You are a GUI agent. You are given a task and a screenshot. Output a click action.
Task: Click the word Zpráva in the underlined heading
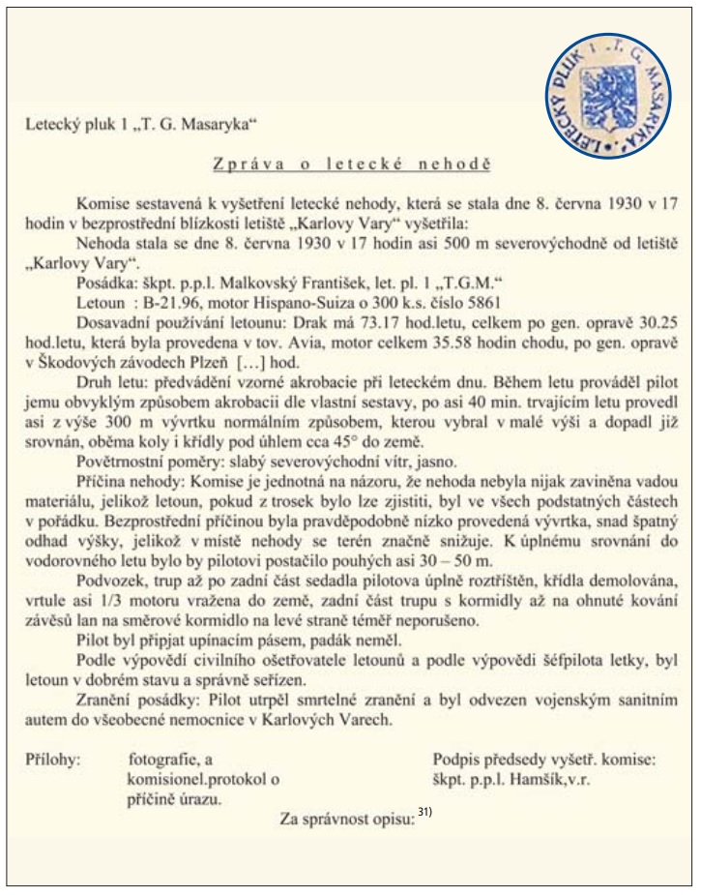242,165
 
